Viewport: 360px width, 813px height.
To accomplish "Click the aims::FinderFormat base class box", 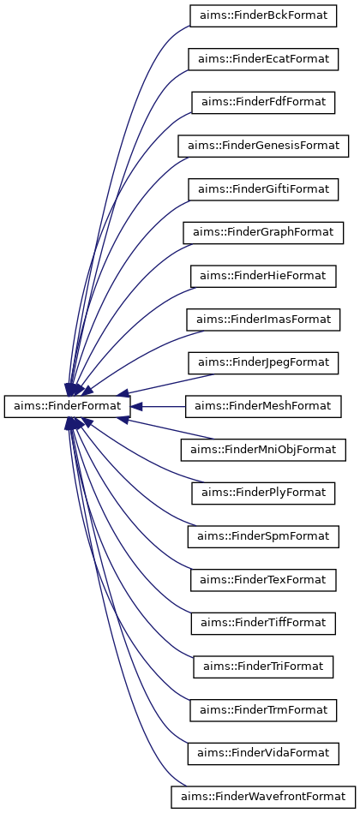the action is (66, 407).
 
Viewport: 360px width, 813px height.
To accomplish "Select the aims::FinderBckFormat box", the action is (263, 15).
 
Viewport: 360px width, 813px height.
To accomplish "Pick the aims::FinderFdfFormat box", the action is (263, 102).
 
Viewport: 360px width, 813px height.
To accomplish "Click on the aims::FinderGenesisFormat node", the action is (263, 146).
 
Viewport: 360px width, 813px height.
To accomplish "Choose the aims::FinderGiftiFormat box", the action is (263, 189).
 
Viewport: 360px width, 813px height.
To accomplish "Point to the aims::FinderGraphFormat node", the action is (263, 233).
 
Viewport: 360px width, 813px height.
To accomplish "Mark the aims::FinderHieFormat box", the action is (263, 277).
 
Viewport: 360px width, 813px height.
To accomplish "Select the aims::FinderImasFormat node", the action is (263, 320).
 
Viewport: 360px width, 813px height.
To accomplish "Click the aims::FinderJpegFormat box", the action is (263, 363).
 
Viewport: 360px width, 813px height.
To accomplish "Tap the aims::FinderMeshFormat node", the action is (263, 407).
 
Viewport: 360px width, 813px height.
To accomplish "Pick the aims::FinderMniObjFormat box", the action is (263, 450).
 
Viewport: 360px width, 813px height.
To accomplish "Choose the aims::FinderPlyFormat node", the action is (263, 493).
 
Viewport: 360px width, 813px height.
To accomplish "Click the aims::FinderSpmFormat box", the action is (263, 537).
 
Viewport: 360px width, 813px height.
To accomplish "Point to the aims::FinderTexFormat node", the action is (263, 581).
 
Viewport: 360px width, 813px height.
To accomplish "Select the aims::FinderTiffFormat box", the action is (263, 625).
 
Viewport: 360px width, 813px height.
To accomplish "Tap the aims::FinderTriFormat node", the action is (263, 668).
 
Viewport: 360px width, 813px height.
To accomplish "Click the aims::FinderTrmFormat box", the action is (263, 711).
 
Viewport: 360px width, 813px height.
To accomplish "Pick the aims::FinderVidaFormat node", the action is (263, 755).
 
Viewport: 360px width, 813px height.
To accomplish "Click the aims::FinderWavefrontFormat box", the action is (263, 798).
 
